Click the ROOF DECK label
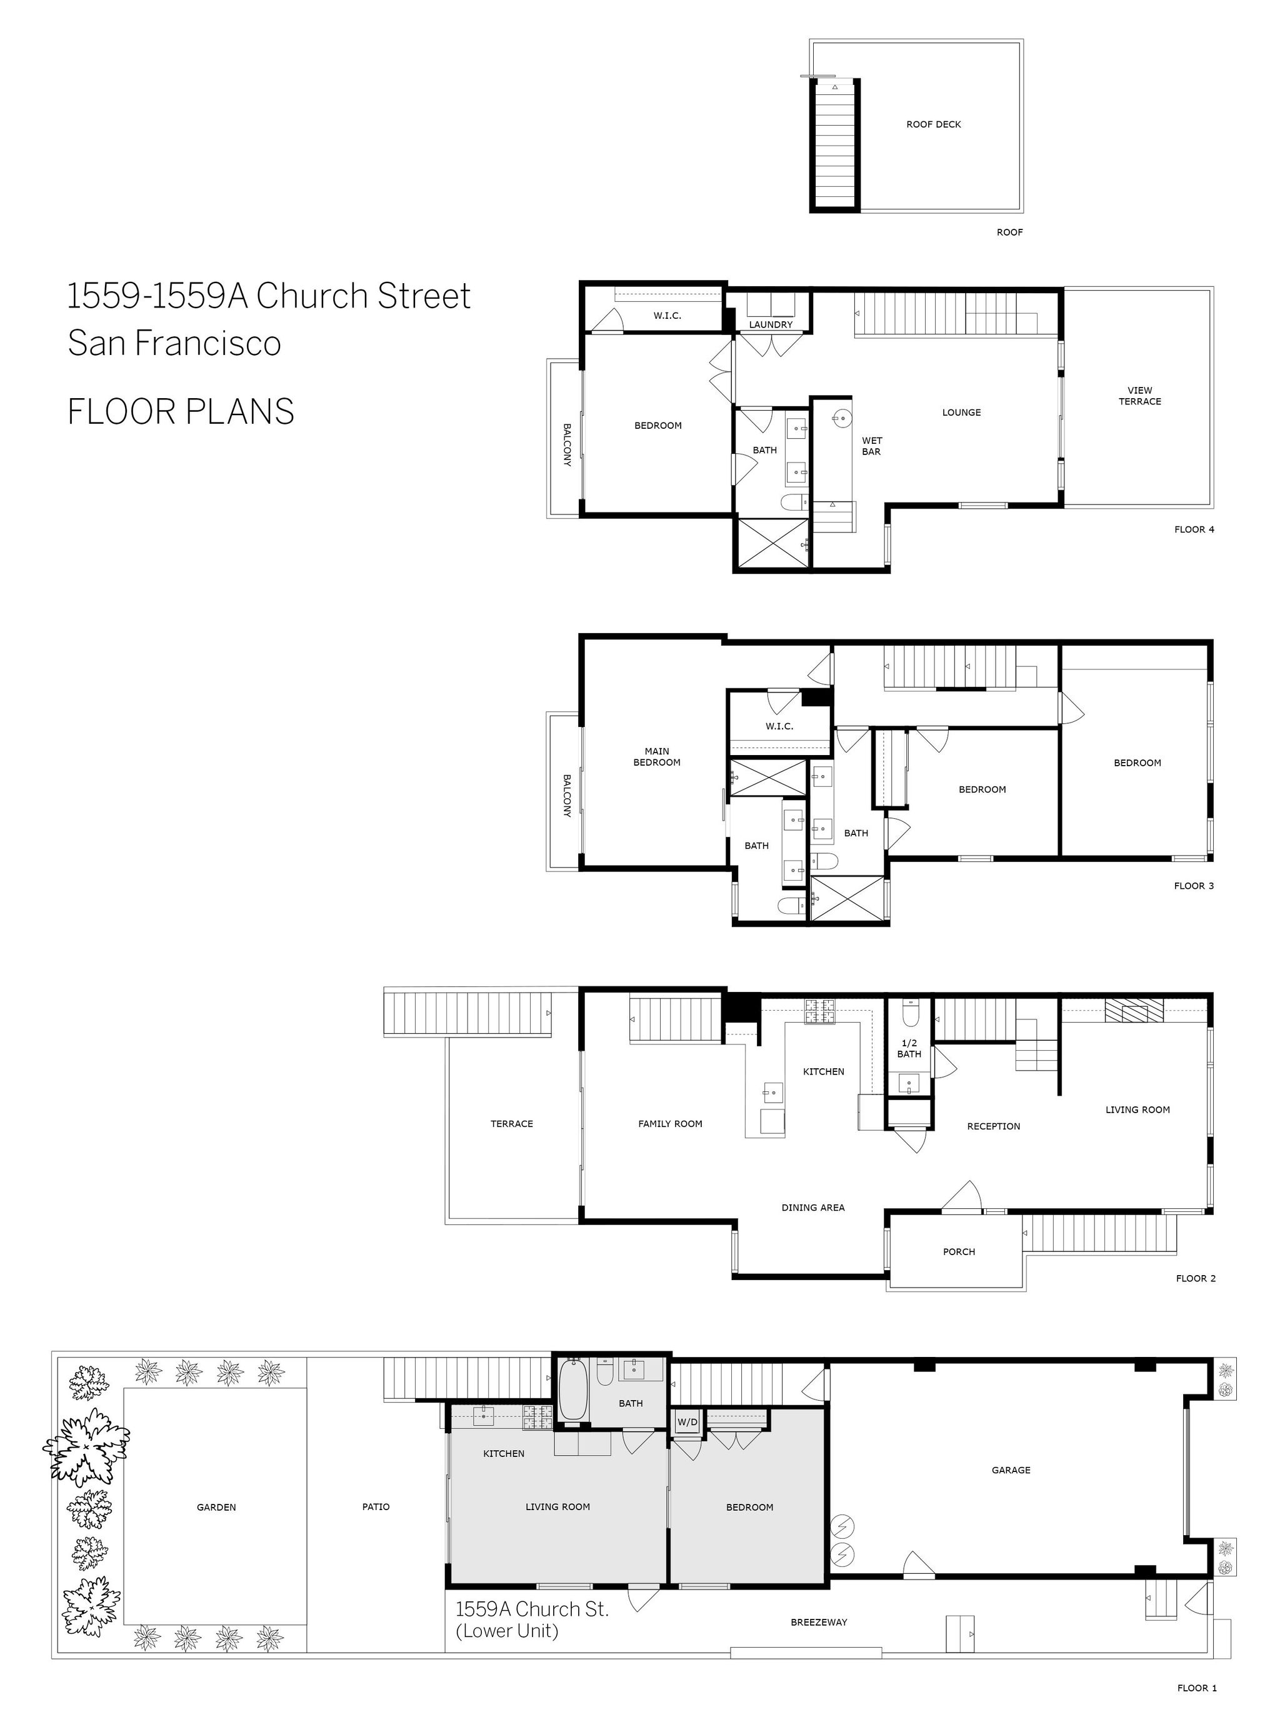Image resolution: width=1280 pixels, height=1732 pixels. (x=933, y=124)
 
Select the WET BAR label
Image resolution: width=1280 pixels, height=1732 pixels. (x=872, y=446)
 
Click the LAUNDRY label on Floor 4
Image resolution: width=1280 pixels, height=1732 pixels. (x=770, y=324)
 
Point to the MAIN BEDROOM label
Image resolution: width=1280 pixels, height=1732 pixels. (x=656, y=756)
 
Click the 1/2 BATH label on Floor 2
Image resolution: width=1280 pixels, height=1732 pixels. (x=909, y=1048)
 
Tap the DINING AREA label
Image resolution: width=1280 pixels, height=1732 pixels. (x=812, y=1208)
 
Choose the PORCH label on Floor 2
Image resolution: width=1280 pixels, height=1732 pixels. (x=959, y=1251)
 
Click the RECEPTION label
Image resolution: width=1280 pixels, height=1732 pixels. (x=993, y=1126)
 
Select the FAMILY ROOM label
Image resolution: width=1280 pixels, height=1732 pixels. (x=670, y=1124)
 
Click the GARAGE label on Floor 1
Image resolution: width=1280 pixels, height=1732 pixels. (x=1011, y=1470)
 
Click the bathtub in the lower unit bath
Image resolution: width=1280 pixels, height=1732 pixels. (x=572, y=1390)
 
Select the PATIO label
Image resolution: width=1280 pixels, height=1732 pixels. (x=376, y=1507)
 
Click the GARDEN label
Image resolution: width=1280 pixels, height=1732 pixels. (x=216, y=1507)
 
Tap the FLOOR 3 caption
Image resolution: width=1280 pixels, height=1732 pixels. (x=1193, y=886)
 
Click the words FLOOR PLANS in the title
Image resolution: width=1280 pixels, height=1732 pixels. (x=181, y=411)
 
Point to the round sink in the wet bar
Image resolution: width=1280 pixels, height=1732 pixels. (x=840, y=419)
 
